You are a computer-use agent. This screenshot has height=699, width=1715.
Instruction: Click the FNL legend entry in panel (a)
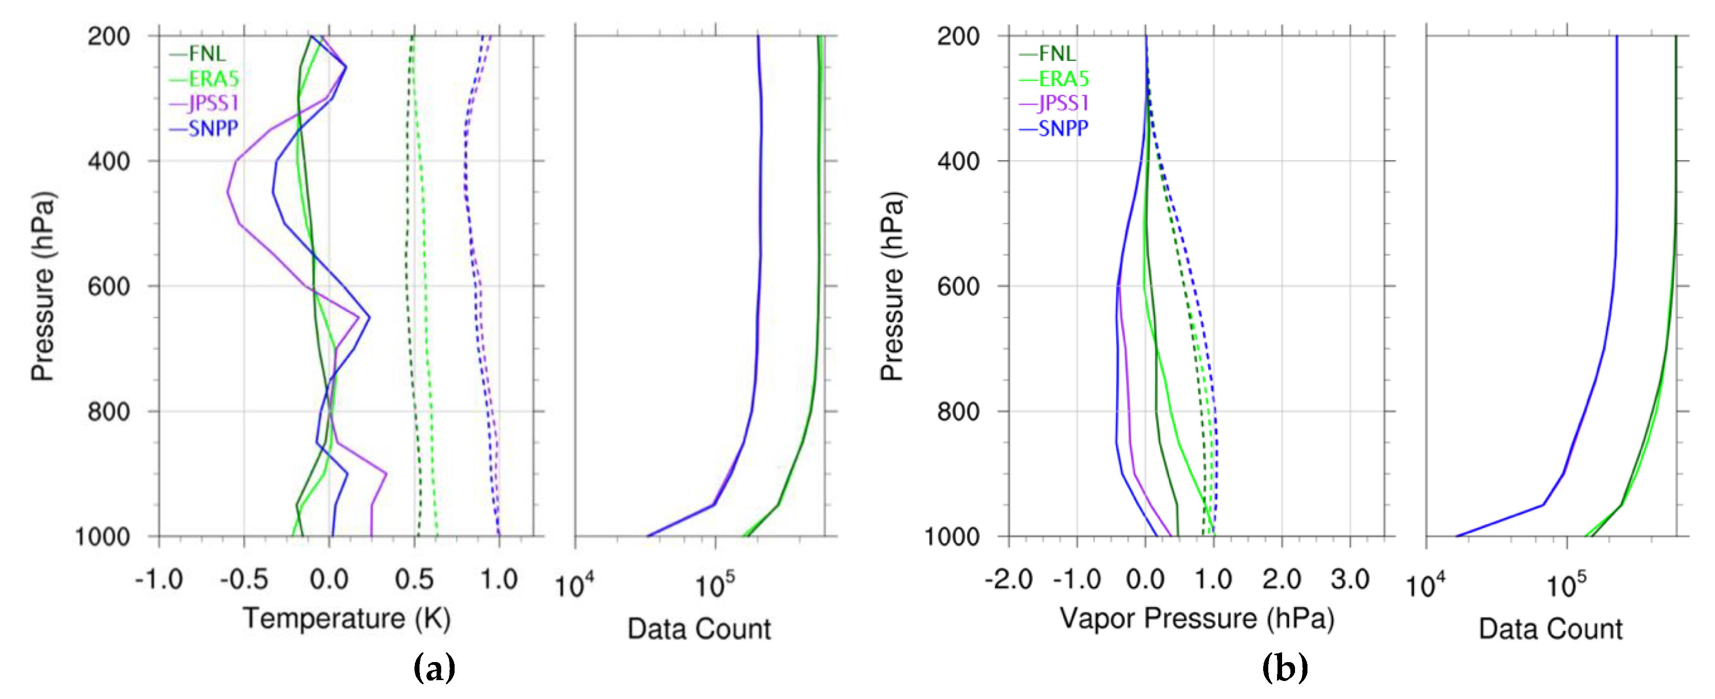coord(206,53)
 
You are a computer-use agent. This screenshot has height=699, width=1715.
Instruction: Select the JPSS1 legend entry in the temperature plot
coord(212,103)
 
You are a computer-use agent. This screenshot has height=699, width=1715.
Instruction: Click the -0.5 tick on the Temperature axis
coord(244,579)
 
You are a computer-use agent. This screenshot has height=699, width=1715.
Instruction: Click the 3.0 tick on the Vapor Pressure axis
coord(1349,579)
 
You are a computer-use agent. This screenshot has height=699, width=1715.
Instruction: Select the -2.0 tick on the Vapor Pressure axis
coord(1008,579)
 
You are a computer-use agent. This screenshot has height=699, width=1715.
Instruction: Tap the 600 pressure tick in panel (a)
coord(108,286)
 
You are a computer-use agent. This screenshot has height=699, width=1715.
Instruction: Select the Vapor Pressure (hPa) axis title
coord(1196,618)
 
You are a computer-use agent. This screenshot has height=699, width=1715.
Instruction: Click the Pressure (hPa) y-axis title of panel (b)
coord(892,286)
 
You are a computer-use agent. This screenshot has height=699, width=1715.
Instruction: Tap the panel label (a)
coord(434,668)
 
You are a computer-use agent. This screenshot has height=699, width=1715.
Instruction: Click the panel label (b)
coord(1284,668)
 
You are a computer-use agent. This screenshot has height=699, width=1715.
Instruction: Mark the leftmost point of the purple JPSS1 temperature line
coord(228,192)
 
